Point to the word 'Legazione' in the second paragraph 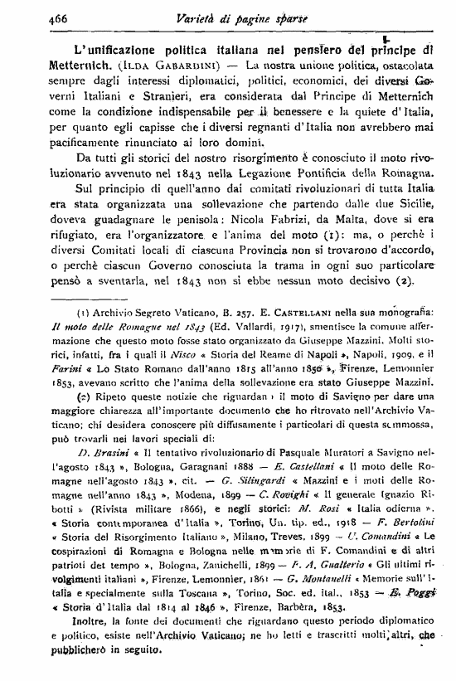click(x=284, y=173)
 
